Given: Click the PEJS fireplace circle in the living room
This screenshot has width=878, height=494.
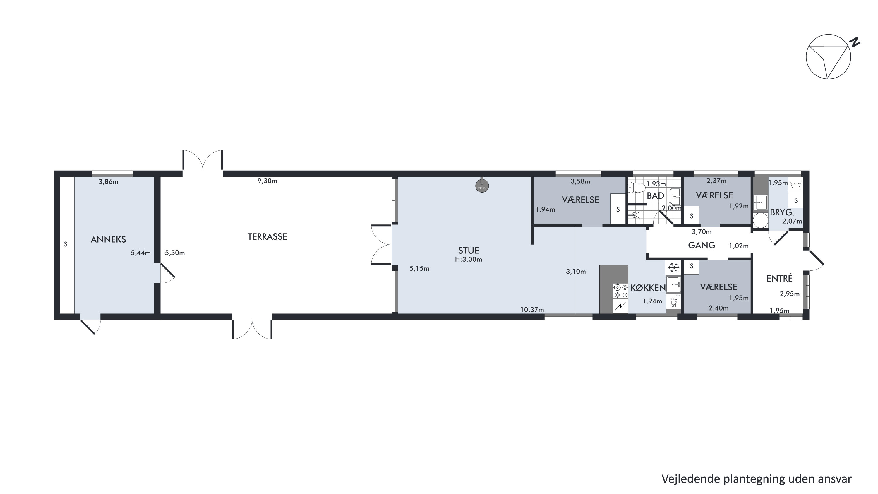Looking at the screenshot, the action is coord(482,186).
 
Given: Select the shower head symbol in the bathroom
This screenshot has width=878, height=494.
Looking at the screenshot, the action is coord(634,215).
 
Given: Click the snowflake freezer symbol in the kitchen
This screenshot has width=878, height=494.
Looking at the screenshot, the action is coord(673,267).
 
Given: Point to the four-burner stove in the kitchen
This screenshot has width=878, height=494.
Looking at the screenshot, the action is coord(620,291).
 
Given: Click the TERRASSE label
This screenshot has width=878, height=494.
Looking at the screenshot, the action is coord(267,236).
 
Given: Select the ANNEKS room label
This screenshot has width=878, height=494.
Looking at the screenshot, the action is coord(108,240).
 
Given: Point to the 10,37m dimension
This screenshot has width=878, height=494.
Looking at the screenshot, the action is coord(532,310).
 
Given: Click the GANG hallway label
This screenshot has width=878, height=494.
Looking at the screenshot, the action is coord(702,245).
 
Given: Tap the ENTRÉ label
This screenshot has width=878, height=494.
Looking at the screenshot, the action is coord(779,278).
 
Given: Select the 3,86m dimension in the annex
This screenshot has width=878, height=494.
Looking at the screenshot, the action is coord(108,182).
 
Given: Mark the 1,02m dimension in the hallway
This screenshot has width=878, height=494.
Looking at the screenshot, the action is coord(739,246).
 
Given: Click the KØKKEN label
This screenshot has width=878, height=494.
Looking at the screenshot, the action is coord(648,288).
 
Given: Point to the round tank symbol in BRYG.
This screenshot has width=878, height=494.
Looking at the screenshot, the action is coord(760,220).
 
